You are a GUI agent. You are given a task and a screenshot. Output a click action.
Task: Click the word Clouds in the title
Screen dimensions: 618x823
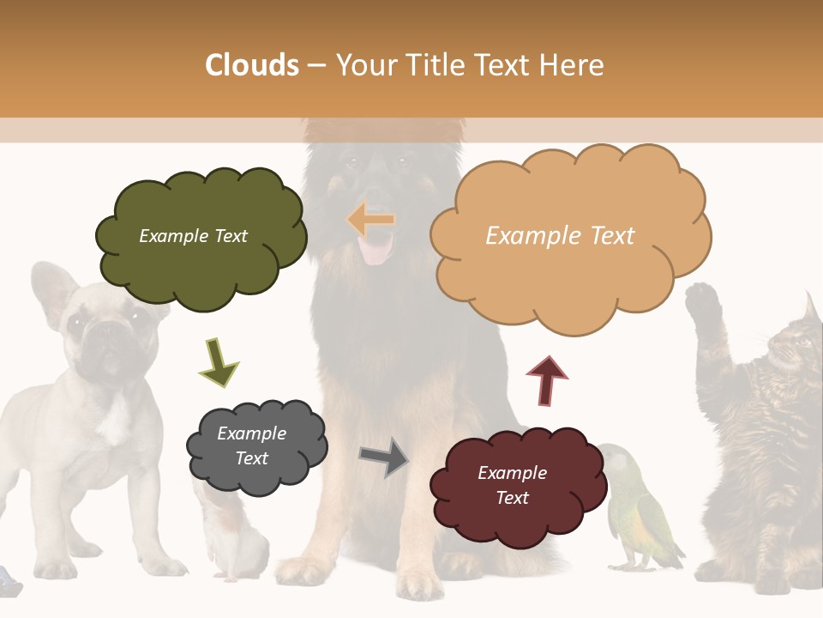252,65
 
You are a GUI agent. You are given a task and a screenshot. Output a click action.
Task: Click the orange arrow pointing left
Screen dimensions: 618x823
371,220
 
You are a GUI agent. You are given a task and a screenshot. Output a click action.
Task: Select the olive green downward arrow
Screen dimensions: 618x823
219,361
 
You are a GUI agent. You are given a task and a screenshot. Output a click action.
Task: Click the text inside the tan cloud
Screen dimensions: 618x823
560,236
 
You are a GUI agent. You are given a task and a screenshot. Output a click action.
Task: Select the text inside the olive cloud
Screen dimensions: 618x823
193,236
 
